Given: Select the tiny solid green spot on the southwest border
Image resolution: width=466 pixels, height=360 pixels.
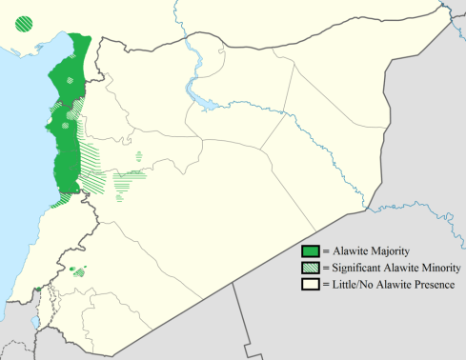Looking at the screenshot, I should (x=36, y=290).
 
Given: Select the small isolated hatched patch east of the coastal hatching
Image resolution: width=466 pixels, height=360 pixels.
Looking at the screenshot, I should (x=139, y=154).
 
